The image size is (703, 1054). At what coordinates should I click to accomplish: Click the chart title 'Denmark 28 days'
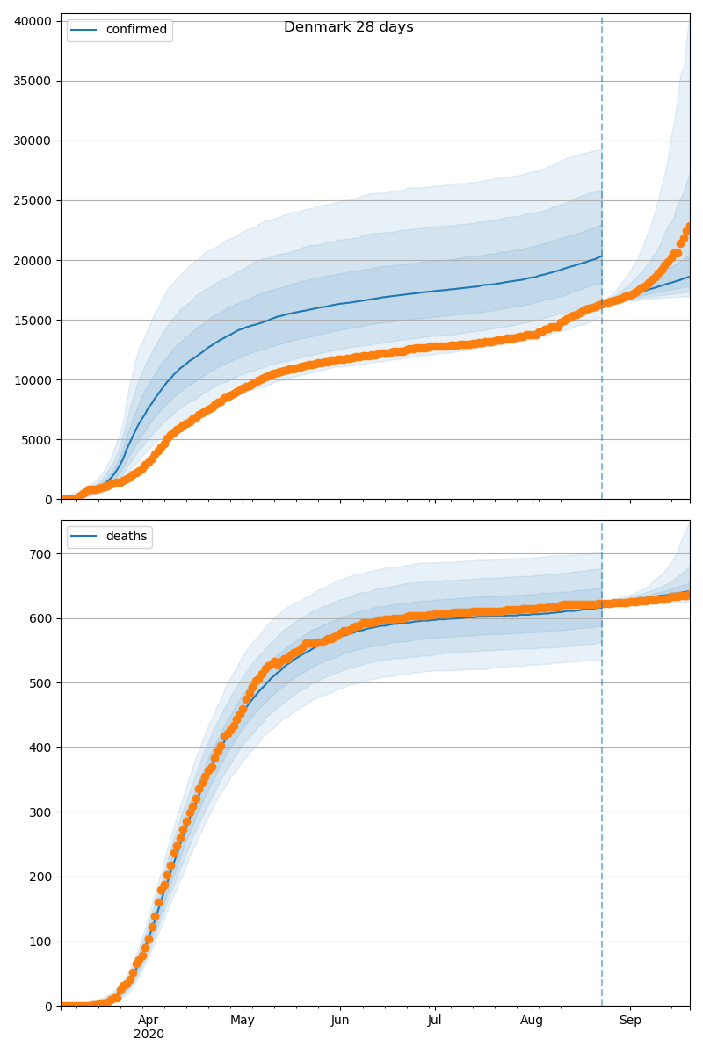[348, 27]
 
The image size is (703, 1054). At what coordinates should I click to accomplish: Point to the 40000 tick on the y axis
[33, 21]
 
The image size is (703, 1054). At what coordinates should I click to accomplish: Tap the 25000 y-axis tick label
[33, 200]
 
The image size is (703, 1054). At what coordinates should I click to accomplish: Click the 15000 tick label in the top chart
[33, 320]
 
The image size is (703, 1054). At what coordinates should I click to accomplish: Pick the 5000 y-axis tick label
[36, 439]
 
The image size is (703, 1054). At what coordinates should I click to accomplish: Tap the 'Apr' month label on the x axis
[149, 1021]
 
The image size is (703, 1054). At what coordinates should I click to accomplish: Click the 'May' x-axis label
[243, 1021]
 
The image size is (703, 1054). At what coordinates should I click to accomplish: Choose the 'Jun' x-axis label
[340, 1021]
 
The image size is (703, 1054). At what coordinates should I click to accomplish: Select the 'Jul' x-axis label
[434, 1021]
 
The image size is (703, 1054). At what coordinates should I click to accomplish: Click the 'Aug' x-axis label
[532, 1021]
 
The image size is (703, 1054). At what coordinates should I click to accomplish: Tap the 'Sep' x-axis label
[630, 1021]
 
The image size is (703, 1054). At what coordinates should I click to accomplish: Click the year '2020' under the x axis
[149, 1035]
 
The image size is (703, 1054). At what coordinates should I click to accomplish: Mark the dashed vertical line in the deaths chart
[602, 790]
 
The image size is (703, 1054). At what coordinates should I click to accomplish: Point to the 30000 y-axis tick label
[33, 141]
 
